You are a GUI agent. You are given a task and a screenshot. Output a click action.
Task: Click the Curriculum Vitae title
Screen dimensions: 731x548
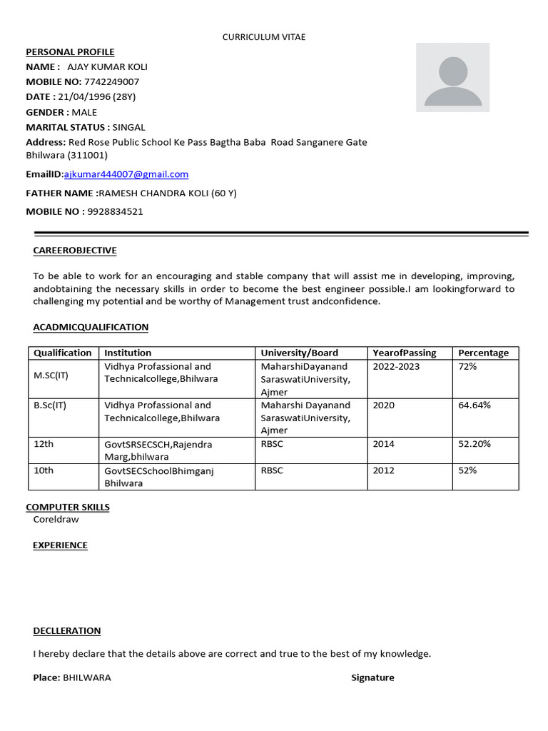pos(264,37)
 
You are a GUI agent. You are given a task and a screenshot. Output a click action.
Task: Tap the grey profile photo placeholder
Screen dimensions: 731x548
pos(452,77)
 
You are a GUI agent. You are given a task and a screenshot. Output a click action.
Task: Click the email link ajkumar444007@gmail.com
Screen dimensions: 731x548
pos(126,174)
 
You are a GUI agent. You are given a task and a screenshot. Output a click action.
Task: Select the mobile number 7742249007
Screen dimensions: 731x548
pos(111,81)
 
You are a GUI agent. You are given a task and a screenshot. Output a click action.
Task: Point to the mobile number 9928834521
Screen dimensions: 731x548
pos(115,211)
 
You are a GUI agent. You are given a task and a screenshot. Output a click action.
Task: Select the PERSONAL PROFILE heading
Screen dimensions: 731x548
pos(70,52)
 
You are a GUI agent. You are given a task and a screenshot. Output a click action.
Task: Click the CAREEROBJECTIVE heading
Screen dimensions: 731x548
pos(75,251)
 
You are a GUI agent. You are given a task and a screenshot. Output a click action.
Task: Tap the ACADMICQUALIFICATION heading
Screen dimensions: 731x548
pos(91,327)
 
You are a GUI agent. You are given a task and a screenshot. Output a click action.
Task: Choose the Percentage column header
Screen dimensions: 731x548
pos(483,353)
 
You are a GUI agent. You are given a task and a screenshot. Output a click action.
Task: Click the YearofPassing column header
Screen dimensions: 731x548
pos(404,353)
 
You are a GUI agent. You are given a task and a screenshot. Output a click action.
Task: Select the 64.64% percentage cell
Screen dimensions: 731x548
pos(474,405)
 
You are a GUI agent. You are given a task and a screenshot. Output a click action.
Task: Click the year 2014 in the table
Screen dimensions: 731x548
pos(383,443)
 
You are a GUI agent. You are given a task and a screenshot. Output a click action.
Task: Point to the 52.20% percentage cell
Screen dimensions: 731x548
pos(474,443)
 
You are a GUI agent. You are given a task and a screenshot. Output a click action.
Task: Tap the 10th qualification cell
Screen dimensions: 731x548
pos(44,470)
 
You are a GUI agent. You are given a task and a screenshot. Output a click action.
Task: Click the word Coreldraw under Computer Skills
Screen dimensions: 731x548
pos(56,519)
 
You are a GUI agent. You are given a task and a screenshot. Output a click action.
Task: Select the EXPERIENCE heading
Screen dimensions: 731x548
pos(60,545)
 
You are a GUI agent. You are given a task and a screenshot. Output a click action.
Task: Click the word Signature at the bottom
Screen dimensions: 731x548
pos(372,677)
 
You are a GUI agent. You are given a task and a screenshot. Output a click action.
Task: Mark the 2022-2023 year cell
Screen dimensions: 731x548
pos(396,366)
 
